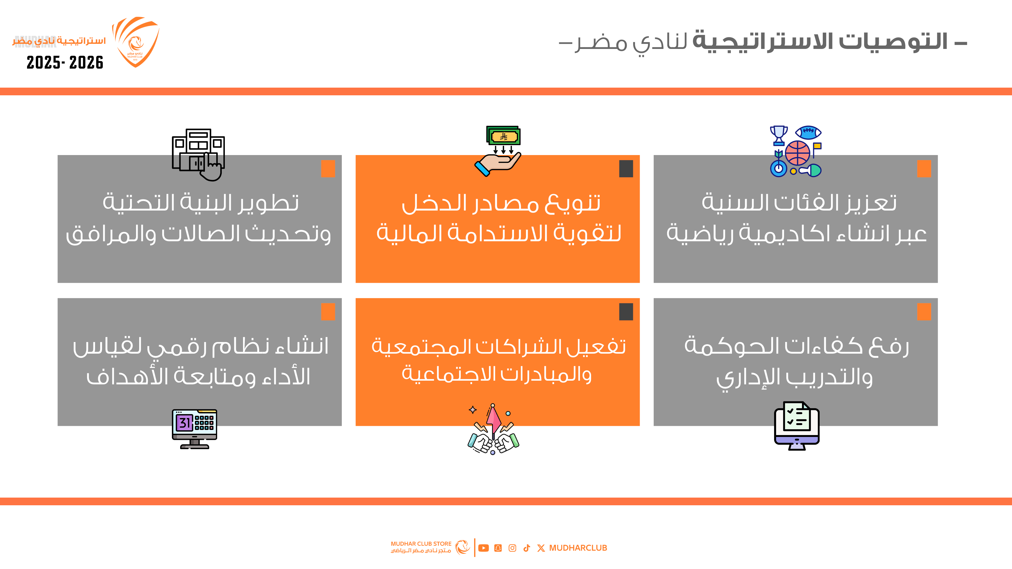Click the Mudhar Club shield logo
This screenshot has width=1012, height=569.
click(x=136, y=42)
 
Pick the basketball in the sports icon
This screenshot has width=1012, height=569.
click(x=797, y=153)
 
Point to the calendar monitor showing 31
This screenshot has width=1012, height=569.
click(x=194, y=429)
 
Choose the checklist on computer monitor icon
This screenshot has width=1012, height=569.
click(x=797, y=426)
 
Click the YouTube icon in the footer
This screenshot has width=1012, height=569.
click(x=484, y=548)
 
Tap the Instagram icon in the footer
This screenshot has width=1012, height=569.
click(x=512, y=548)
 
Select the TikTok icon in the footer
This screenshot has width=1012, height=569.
click(x=527, y=548)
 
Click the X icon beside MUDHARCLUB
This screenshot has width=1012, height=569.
click(x=541, y=548)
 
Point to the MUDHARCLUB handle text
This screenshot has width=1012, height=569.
click(x=578, y=548)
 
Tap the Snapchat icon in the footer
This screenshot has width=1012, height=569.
click(x=498, y=548)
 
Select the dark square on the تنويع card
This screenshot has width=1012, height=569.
click(x=626, y=168)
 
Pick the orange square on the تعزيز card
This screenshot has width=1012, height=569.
click(x=924, y=168)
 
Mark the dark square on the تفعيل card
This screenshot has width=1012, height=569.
click(x=626, y=312)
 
